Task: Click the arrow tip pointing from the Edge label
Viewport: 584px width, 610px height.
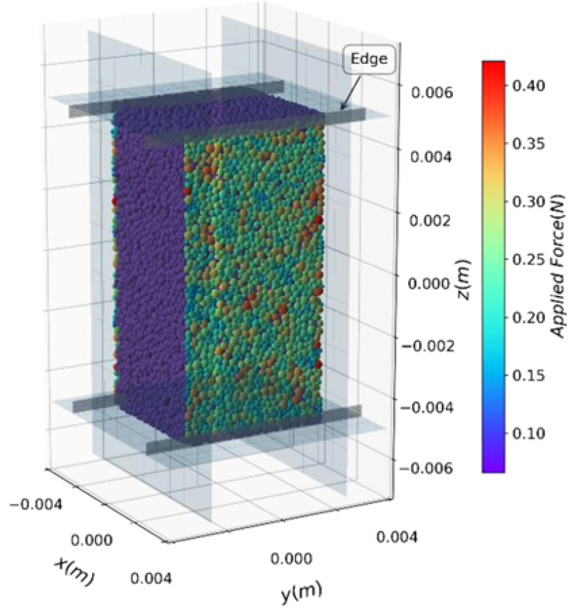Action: (x=341, y=109)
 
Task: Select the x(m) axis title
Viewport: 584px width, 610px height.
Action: (x=74, y=569)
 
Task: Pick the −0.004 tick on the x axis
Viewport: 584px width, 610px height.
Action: (x=36, y=505)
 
